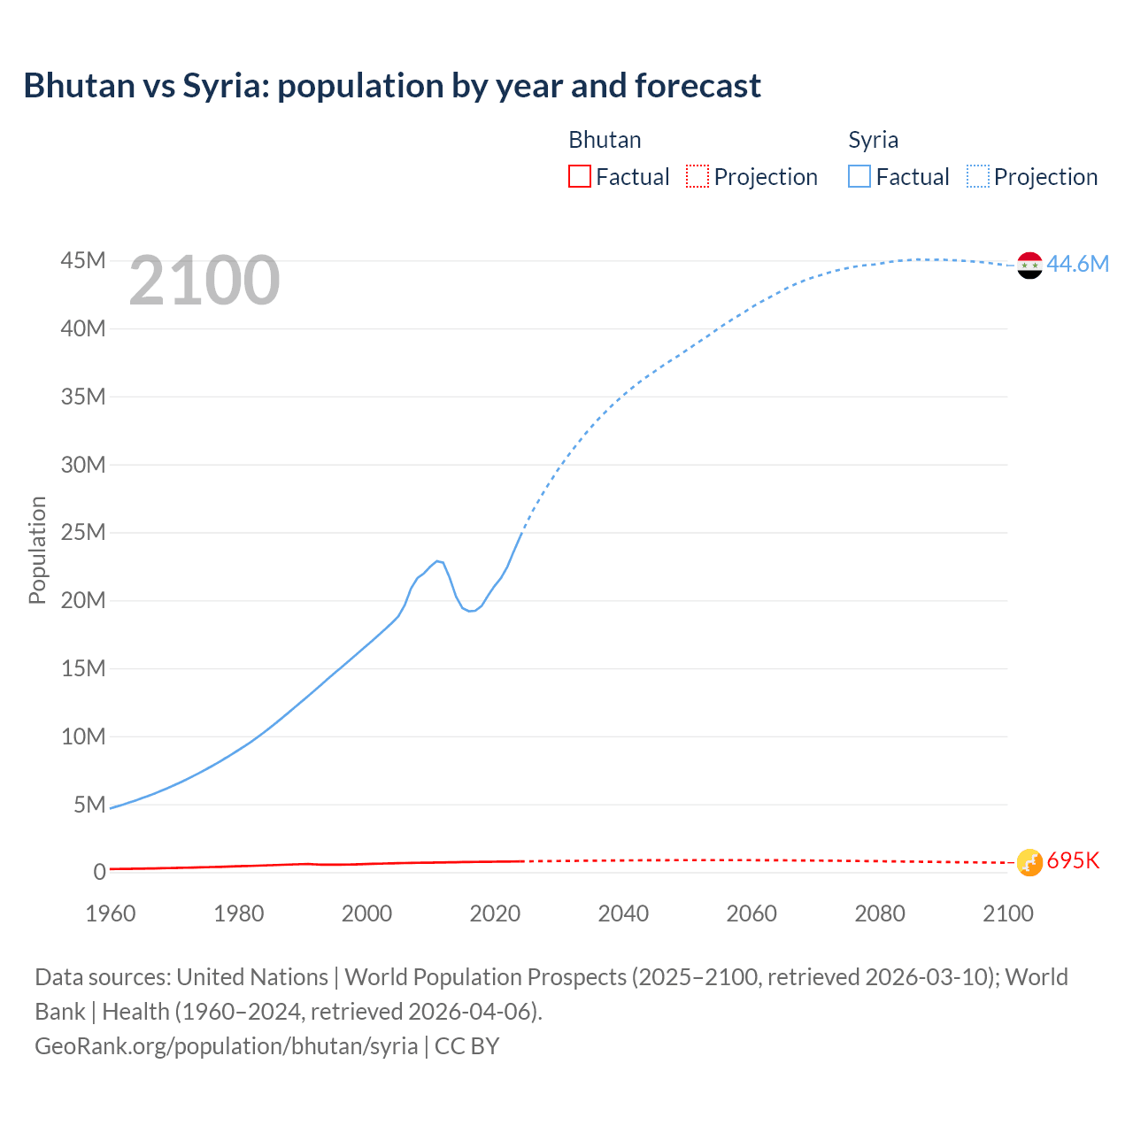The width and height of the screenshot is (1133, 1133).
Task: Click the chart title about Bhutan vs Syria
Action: [392, 86]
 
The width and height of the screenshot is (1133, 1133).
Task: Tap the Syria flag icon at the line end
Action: [1029, 265]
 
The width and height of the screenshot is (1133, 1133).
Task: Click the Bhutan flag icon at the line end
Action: [1029, 861]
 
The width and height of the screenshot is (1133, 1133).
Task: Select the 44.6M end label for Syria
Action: [1077, 264]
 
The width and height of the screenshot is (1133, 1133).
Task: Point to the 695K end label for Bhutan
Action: [1073, 860]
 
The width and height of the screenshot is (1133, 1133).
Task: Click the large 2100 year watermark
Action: [204, 281]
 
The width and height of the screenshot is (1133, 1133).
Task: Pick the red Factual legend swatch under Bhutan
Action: [580, 176]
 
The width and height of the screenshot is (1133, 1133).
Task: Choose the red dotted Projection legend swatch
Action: [698, 176]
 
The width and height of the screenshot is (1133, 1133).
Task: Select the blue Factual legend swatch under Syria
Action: [859, 176]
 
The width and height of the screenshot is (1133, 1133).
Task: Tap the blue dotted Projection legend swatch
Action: [977, 176]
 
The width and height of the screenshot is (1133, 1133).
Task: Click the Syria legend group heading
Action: [873, 140]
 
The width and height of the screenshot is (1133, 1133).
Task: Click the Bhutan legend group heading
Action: [605, 140]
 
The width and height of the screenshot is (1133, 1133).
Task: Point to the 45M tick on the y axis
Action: [83, 260]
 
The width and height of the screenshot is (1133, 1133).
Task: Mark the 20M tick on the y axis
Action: [83, 600]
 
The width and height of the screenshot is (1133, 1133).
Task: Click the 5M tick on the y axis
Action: [89, 805]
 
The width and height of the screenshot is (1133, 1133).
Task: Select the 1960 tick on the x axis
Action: [111, 913]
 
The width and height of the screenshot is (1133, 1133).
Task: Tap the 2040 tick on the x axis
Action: [623, 913]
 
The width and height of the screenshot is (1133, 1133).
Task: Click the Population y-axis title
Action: [37, 550]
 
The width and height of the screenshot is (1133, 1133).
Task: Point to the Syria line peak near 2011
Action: [437, 561]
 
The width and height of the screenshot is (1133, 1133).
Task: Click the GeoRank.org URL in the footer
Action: [226, 1045]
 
